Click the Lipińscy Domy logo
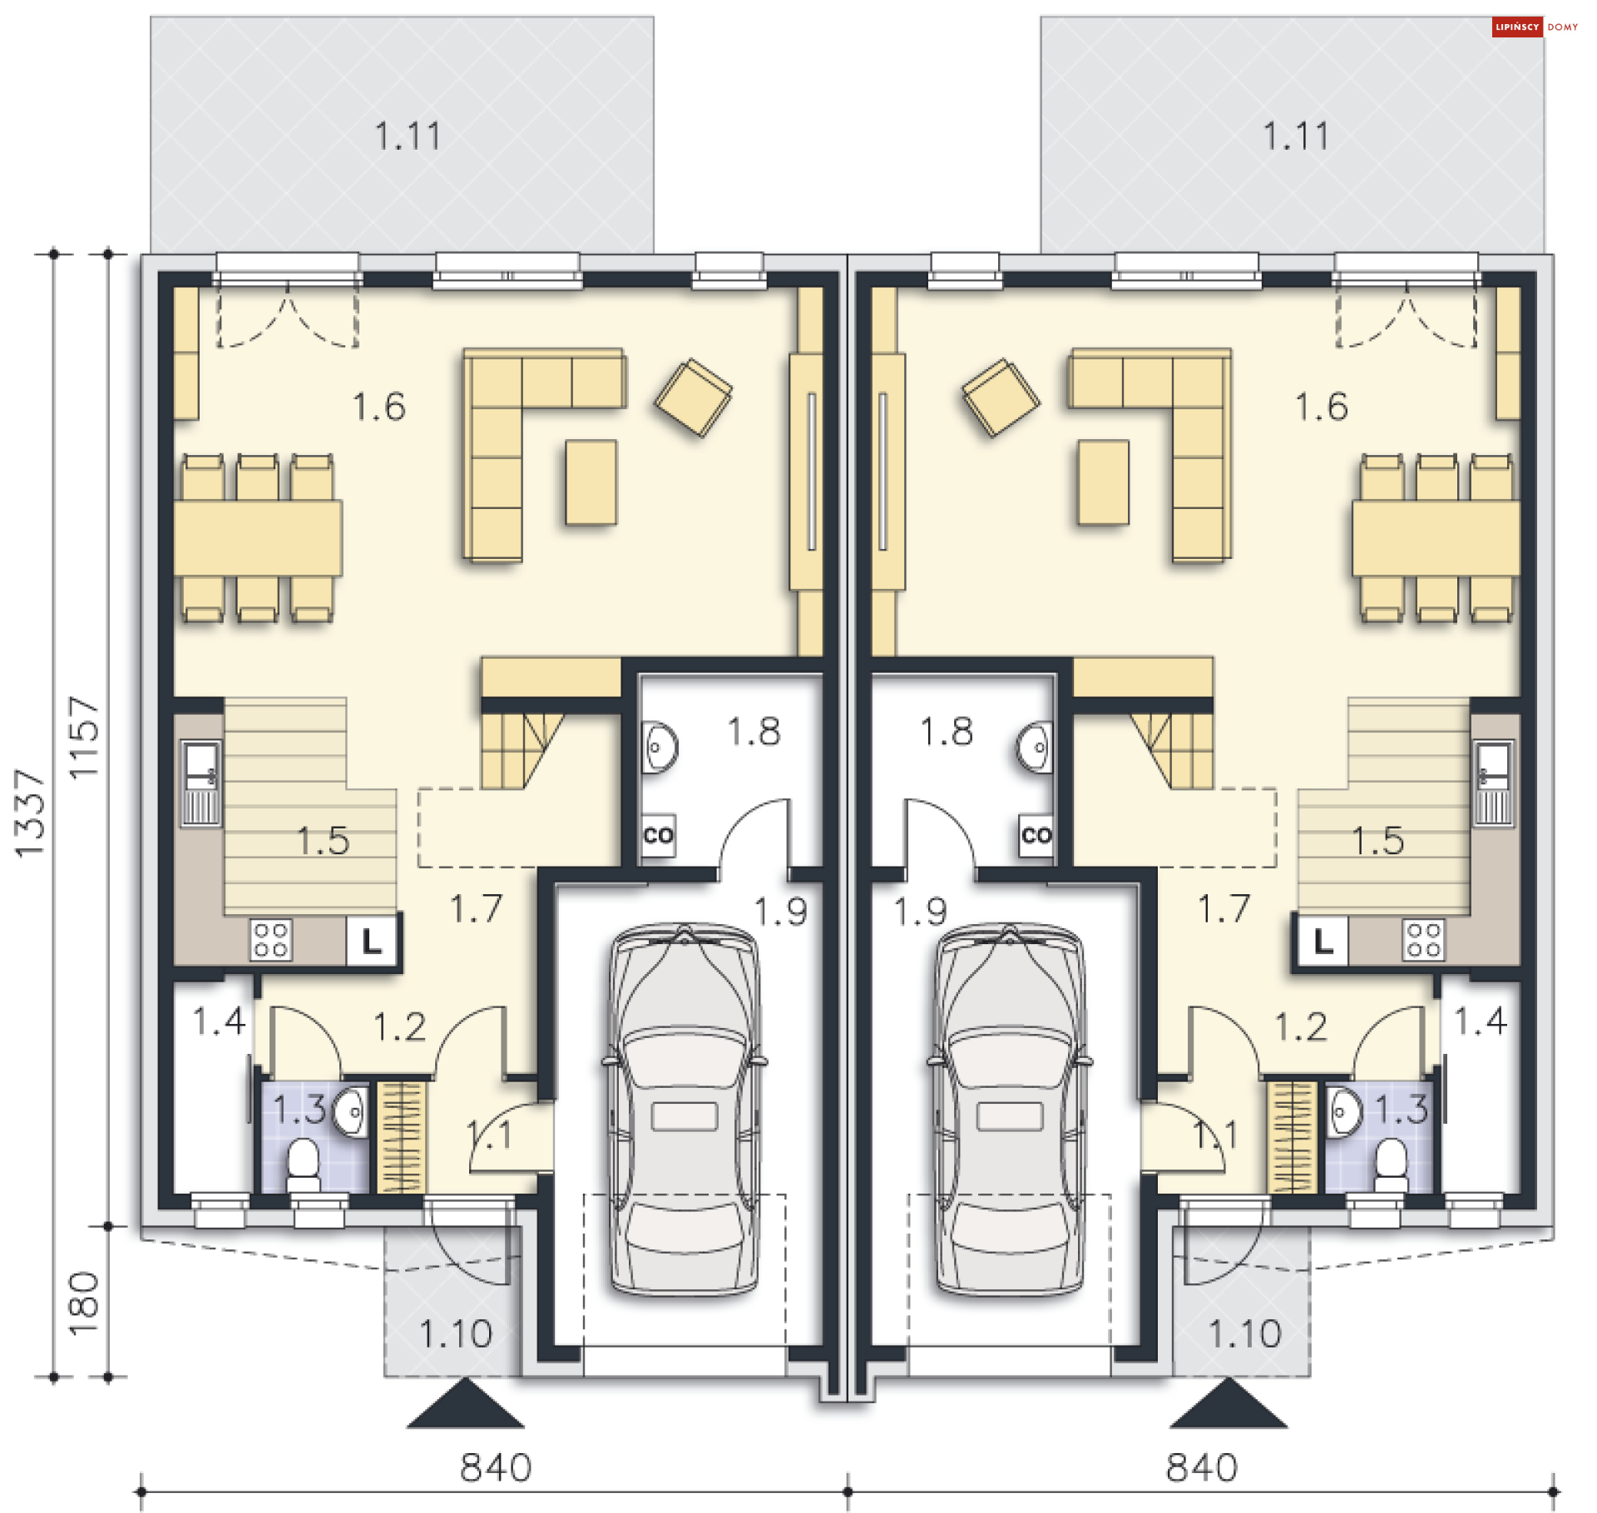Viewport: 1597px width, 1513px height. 1535,27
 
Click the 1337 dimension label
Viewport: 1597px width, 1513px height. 29,813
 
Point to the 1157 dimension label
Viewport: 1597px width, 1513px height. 83,738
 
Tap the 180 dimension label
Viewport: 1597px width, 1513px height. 83,1303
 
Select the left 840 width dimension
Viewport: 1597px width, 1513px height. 496,1468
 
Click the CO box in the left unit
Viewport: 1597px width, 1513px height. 659,835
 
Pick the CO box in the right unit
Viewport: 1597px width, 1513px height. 1036,835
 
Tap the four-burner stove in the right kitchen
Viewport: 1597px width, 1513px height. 1423,940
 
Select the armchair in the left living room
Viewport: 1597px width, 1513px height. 694,398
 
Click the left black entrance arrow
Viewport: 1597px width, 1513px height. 465,1403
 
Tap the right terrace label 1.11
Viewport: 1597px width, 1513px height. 1296,136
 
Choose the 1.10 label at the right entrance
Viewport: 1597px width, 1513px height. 1244,1334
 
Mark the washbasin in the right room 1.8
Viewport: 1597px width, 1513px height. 1036,748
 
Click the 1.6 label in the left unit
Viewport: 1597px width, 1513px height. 379,407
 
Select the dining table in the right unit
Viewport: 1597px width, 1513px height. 1436,538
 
